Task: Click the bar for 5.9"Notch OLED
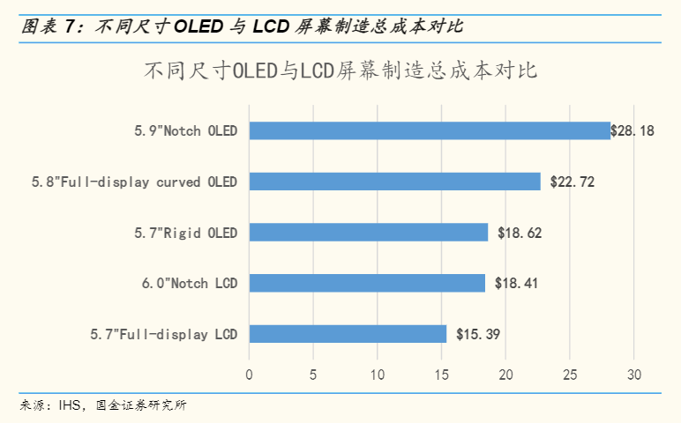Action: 430,130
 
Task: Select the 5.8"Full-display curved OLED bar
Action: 394,182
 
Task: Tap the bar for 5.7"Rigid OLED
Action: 368,233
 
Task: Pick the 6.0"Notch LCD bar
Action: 367,283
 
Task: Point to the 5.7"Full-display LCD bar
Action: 348,334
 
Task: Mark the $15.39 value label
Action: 479,335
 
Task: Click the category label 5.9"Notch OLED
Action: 185,131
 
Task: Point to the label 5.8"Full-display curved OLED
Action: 133,182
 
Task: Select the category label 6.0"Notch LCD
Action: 189,284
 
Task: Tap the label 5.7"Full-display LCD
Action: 163,335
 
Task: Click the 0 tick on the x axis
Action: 250,375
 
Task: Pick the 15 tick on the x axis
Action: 441,375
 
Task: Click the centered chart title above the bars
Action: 340,71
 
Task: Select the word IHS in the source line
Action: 70,406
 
